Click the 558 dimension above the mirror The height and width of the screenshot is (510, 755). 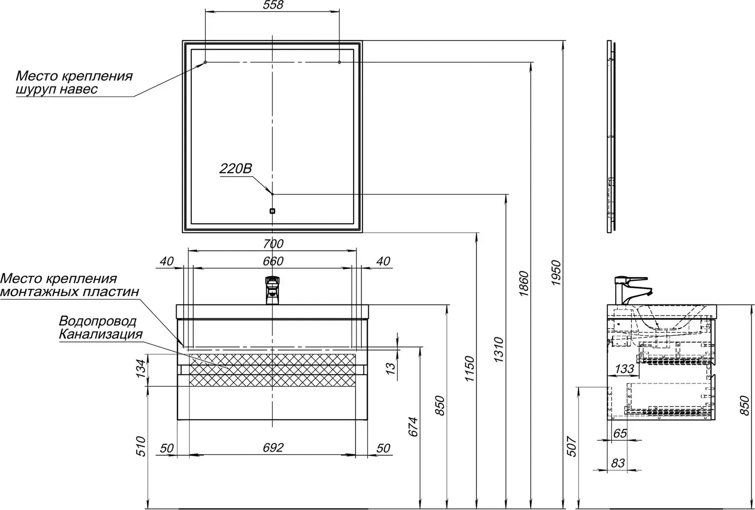[x=273, y=5]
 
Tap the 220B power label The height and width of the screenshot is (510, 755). [x=236, y=169]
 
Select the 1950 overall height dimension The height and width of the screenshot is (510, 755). [x=556, y=272]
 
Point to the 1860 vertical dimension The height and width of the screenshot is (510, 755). [x=524, y=283]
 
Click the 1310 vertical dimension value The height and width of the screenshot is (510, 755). [x=499, y=349]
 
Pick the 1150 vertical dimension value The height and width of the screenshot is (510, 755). [x=469, y=368]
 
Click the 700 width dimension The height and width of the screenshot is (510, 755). [x=273, y=244]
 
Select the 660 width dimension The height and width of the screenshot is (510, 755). [x=273, y=261]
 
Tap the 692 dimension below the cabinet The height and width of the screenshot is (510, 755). [x=273, y=448]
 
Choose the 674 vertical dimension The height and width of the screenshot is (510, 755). [x=413, y=427]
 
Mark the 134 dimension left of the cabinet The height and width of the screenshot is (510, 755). [x=141, y=369]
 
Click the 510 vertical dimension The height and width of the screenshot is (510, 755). [x=141, y=446]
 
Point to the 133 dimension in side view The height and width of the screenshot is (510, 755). [x=625, y=369]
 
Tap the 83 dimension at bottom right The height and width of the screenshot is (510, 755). [x=618, y=463]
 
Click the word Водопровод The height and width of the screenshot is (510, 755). [x=98, y=321]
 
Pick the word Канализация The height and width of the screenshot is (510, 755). [x=101, y=334]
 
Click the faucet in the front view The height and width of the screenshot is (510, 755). [x=272, y=290]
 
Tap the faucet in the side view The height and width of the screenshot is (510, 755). [x=633, y=290]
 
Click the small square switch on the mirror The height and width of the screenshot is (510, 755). [x=272, y=211]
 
